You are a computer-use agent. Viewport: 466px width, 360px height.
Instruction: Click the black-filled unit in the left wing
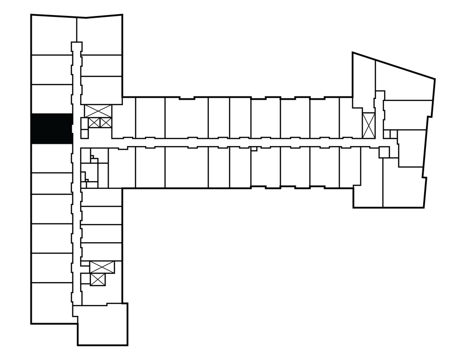click(51, 128)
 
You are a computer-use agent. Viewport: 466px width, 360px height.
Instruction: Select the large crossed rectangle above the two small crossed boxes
click(98, 111)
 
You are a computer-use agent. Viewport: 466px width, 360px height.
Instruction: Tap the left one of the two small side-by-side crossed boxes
click(94, 122)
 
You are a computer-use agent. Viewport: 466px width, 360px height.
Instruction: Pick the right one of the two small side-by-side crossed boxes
click(105, 122)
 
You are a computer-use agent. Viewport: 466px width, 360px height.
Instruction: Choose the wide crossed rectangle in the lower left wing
click(102, 267)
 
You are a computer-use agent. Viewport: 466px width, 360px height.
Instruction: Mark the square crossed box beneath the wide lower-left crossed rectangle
click(98, 279)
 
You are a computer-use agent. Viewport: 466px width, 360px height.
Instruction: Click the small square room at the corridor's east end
click(384, 152)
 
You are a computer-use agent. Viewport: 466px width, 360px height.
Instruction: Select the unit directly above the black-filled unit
click(51, 99)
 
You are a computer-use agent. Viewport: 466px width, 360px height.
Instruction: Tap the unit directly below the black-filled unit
click(51, 158)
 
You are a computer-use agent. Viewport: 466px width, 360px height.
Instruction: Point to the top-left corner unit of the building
click(51, 35)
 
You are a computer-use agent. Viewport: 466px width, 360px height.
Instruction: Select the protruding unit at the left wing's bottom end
click(102, 324)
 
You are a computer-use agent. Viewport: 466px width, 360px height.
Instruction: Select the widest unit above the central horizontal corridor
click(186, 117)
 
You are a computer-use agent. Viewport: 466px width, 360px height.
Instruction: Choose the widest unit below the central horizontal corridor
click(186, 167)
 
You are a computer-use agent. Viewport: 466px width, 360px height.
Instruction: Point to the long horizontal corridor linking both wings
click(228, 142)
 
